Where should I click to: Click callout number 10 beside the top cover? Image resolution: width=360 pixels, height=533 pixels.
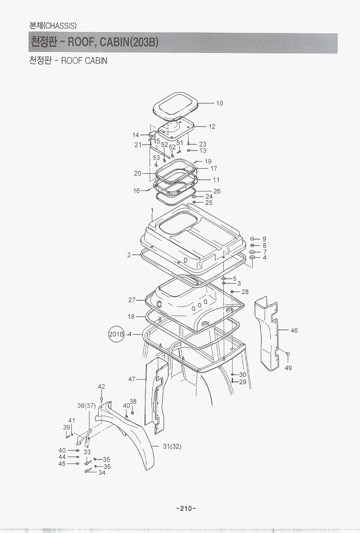[220, 103]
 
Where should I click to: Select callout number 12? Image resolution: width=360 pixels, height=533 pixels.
[212, 127]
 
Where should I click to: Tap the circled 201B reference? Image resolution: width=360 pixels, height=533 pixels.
[116, 334]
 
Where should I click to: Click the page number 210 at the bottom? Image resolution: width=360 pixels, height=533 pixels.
[186, 508]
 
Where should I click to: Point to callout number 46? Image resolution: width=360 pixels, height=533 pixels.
[294, 330]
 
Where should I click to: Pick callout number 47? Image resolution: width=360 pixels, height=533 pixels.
[132, 379]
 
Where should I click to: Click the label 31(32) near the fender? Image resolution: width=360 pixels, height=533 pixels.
[172, 446]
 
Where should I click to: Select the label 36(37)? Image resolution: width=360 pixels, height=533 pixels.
[87, 406]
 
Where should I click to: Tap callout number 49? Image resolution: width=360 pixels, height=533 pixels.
[288, 368]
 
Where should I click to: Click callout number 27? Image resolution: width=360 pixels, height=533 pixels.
[132, 300]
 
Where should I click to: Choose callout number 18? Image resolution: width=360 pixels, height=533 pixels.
[131, 317]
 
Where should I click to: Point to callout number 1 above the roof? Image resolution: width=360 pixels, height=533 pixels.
[152, 211]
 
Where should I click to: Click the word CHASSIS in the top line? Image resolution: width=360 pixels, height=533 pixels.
[61, 26]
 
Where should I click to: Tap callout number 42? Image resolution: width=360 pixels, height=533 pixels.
[101, 387]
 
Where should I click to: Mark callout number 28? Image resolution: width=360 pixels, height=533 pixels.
[245, 292]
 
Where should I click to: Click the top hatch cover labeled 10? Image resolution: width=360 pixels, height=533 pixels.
[176, 105]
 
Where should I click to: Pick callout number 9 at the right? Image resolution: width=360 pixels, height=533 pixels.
[265, 239]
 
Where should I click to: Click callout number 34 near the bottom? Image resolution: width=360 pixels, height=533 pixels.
[101, 473]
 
